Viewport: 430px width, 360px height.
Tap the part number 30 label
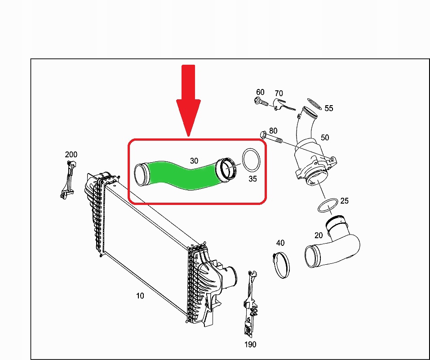194,161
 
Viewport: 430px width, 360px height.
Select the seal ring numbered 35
251,160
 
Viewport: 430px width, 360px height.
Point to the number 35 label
253,179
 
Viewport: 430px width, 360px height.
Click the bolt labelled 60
262,102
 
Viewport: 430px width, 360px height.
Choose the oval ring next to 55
314,104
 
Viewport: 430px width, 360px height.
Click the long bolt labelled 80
270,137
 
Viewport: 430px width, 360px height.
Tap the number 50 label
325,138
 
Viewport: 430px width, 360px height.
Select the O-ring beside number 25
328,205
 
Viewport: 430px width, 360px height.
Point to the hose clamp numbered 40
281,265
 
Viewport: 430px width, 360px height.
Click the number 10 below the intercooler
140,296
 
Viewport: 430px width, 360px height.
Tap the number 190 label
250,344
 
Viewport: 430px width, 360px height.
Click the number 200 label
71,155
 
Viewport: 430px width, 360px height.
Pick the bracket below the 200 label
68,179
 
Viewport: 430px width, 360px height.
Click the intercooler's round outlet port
231,277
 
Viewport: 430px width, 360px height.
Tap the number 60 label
260,92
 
